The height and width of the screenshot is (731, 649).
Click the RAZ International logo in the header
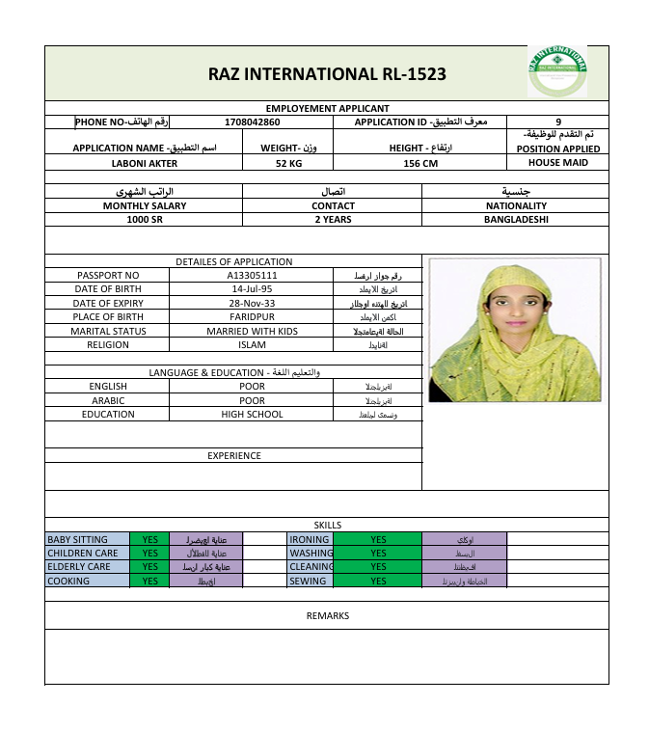click(556, 70)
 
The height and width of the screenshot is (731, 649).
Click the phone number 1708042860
click(252, 122)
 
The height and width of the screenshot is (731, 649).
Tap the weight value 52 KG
click(289, 164)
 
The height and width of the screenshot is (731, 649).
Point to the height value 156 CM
click(420, 164)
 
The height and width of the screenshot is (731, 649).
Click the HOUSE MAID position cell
click(557, 163)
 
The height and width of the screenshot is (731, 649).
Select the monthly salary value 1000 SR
click(145, 219)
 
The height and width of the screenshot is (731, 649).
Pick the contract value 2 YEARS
click(333, 219)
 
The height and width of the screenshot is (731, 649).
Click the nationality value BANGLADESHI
click(516, 219)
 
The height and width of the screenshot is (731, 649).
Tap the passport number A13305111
click(252, 276)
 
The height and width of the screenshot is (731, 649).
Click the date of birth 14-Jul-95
click(252, 289)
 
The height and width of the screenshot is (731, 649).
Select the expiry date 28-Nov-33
click(252, 303)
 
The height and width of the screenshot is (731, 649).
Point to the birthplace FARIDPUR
click(252, 316)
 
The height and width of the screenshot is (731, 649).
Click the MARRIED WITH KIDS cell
click(252, 331)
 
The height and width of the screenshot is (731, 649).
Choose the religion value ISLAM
click(252, 344)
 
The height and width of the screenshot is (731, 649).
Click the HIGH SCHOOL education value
click(252, 415)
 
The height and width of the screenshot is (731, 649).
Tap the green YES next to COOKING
click(149, 582)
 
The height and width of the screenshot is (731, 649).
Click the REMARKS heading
click(327, 615)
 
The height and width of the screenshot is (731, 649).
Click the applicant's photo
click(514, 329)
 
